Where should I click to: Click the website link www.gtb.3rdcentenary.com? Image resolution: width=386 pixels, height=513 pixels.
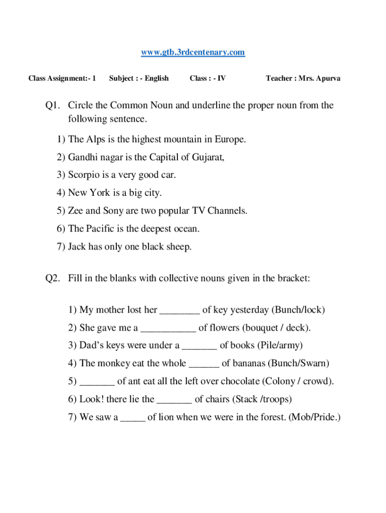193,52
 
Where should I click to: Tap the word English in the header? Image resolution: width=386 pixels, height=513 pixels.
157,78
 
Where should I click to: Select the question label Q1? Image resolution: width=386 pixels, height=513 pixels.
53,105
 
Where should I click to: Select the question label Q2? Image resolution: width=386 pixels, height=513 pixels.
53,278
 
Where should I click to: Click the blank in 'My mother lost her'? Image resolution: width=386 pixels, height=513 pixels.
179,311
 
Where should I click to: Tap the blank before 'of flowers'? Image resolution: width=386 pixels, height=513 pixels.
168,329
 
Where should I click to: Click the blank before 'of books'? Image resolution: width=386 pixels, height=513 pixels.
200,346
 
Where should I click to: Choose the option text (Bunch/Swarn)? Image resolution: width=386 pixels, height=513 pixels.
299,363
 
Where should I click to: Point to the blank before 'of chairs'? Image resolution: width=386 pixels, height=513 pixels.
174,400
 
